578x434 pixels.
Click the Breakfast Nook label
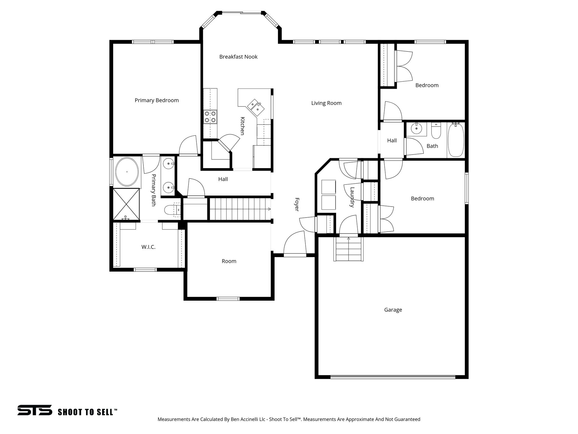point(238,57)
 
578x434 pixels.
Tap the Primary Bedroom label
point(157,100)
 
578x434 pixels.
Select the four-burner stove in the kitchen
point(210,117)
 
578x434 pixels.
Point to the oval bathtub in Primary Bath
point(127,172)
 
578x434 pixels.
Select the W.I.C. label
point(148,247)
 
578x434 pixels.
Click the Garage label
point(393,310)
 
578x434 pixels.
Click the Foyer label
point(297,204)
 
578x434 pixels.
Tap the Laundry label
point(352,197)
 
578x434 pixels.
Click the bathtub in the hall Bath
point(456,140)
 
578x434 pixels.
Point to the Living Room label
point(326,103)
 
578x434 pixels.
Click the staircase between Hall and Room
point(240,209)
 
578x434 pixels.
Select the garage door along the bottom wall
point(393,376)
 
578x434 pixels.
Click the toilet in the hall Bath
point(436,131)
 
